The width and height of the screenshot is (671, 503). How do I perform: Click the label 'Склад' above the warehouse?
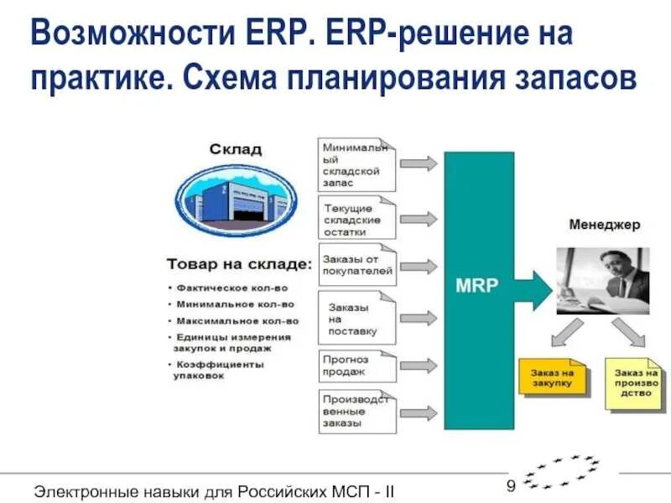pyautogui.click(x=236, y=149)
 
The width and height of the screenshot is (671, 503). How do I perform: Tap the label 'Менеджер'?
pyautogui.click(x=604, y=225)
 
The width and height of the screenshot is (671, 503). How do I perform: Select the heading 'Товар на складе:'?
pyautogui.click(x=239, y=263)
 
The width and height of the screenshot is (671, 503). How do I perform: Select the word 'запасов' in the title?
pyautogui.click(x=579, y=78)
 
